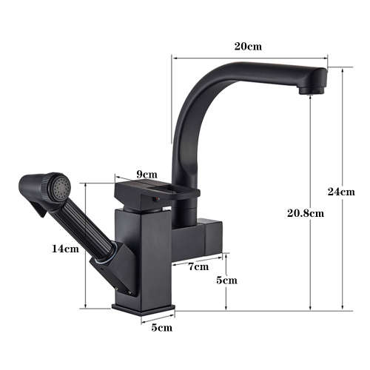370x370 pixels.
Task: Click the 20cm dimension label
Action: click(248, 46)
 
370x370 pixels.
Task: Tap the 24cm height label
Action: click(341, 192)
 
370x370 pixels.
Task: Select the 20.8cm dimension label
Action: click(306, 214)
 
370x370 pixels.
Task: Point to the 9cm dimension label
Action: click(147, 175)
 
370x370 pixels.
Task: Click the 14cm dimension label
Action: click(65, 249)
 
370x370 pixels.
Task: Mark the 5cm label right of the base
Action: click(226, 280)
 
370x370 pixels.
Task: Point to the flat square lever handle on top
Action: click(155, 195)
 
